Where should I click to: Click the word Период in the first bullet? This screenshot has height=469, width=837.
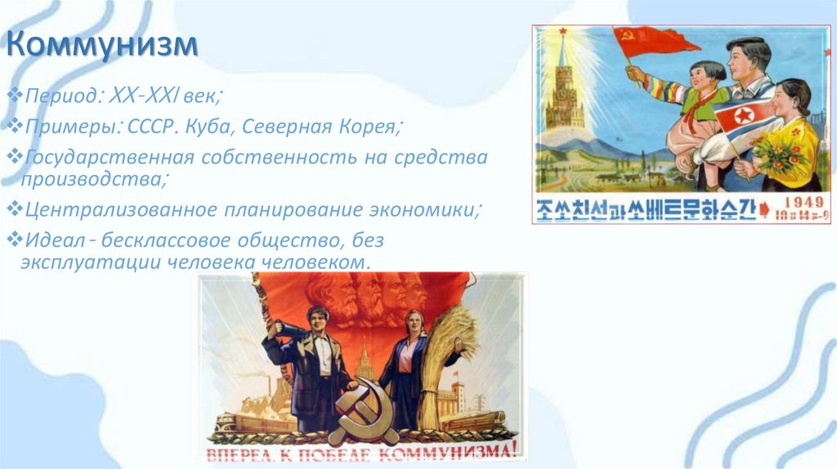[x=60, y=97]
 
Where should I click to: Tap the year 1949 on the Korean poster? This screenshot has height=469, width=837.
[x=791, y=202]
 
